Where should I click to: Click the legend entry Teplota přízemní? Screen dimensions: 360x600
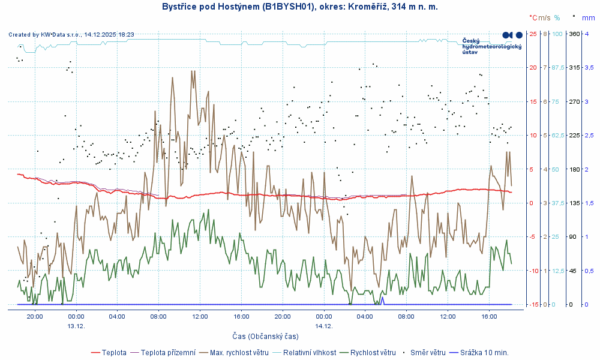tap(168, 352)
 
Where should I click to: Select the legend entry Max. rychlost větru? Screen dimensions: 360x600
tap(238, 352)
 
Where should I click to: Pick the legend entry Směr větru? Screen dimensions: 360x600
tap(428, 352)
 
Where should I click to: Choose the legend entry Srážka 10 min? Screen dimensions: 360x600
tap(487, 352)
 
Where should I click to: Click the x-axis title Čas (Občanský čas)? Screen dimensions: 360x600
tap(266, 336)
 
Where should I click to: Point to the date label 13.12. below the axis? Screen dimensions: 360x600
tap(76, 326)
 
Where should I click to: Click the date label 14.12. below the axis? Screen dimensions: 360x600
tap(324, 326)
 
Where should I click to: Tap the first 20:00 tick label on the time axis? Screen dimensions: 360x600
tap(35, 316)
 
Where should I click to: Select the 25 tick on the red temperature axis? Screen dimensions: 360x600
tap(533, 34)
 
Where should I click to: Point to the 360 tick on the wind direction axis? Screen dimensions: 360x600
tap(574, 34)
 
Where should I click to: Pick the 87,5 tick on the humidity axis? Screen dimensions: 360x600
tap(558, 68)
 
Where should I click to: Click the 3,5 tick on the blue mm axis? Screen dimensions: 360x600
tap(589, 68)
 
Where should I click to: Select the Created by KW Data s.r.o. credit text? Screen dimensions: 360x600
tap(71, 35)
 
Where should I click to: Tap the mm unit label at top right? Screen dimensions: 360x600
tap(588, 18)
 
